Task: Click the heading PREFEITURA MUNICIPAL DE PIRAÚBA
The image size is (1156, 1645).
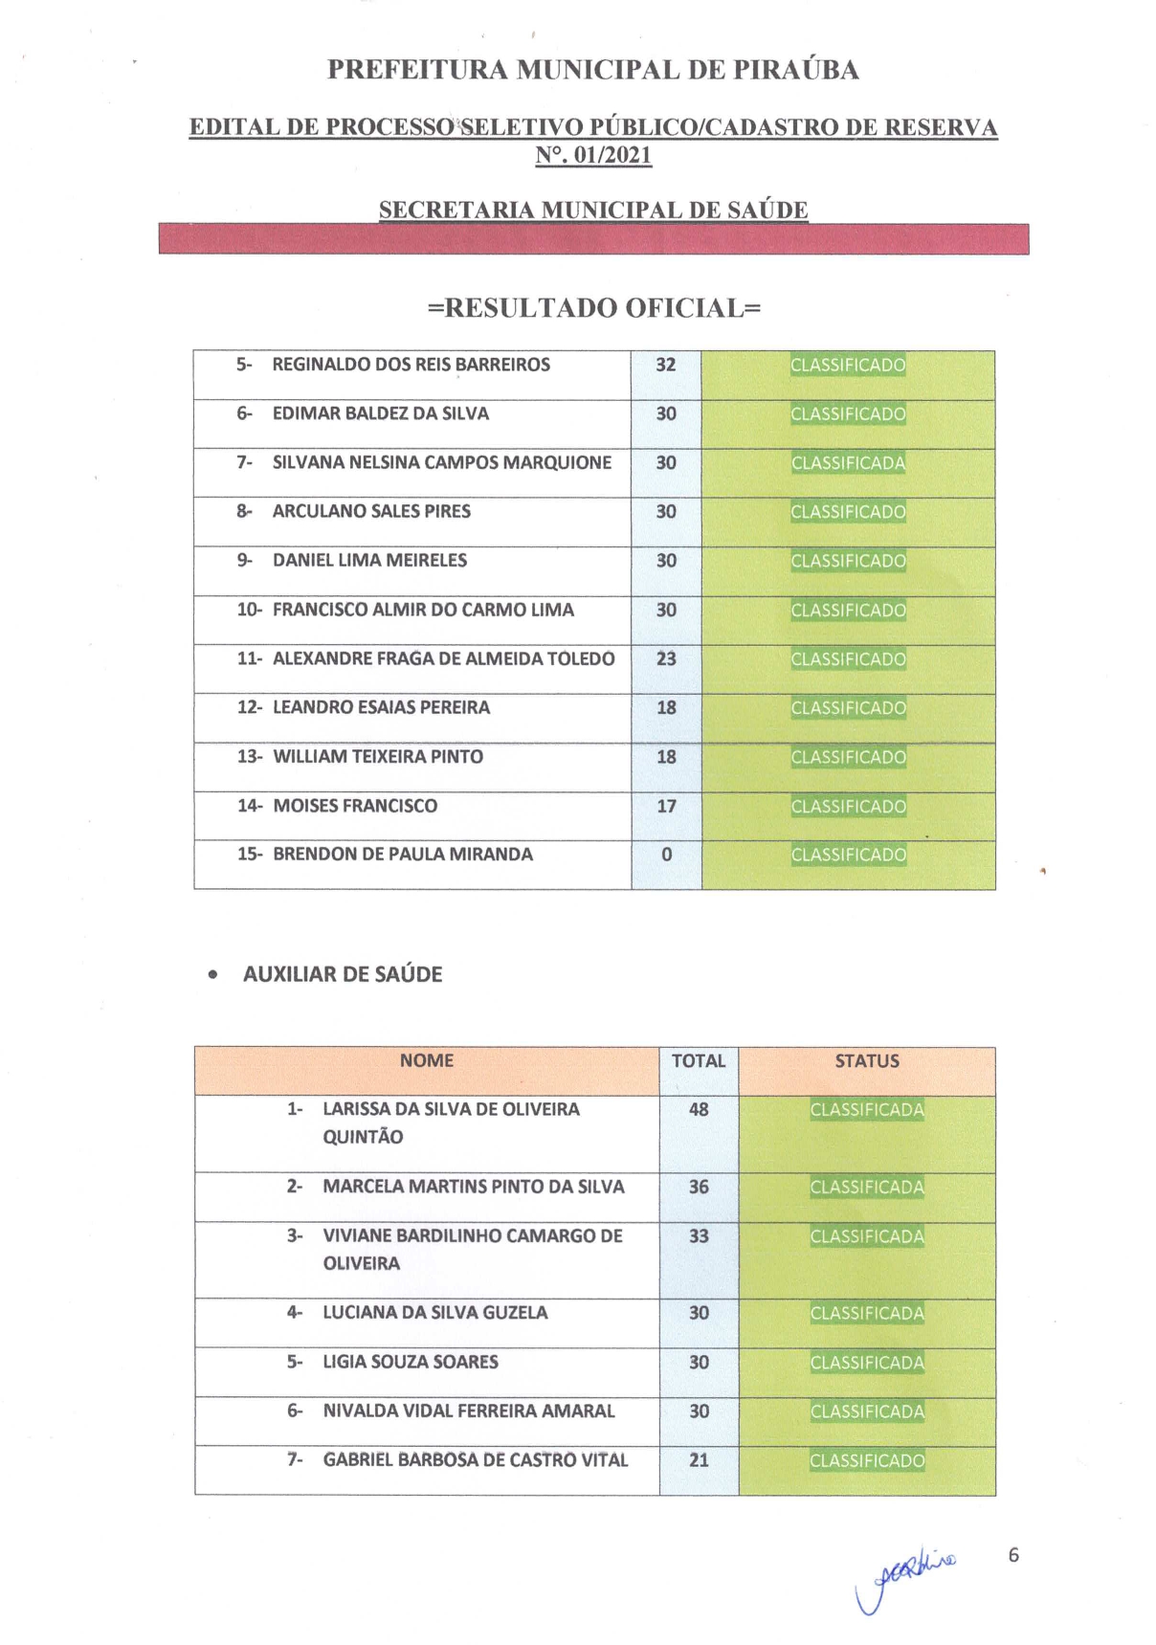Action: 592,70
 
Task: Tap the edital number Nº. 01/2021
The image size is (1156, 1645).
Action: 593,155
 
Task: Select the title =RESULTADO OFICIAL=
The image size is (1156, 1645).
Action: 593,308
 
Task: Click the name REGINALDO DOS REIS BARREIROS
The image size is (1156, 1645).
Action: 411,365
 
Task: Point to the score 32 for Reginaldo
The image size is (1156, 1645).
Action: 666,365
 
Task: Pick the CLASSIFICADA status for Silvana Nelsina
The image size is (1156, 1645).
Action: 848,463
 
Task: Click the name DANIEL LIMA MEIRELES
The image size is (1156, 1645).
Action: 369,561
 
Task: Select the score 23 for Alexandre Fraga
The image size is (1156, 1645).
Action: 666,659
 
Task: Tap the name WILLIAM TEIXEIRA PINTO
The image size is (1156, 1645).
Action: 378,757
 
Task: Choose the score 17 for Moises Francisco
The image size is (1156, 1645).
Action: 666,807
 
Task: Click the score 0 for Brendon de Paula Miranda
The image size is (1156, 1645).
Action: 666,855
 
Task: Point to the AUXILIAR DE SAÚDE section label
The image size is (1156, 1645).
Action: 343,974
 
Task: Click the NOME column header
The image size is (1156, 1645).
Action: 427,1060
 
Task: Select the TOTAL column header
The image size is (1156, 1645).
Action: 699,1061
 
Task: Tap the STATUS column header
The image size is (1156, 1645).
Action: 867,1061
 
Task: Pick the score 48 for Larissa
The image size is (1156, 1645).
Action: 699,1110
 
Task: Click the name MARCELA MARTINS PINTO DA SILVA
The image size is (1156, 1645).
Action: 474,1187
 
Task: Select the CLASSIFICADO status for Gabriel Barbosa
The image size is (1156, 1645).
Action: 867,1461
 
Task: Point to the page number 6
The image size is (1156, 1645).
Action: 1013,1555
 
